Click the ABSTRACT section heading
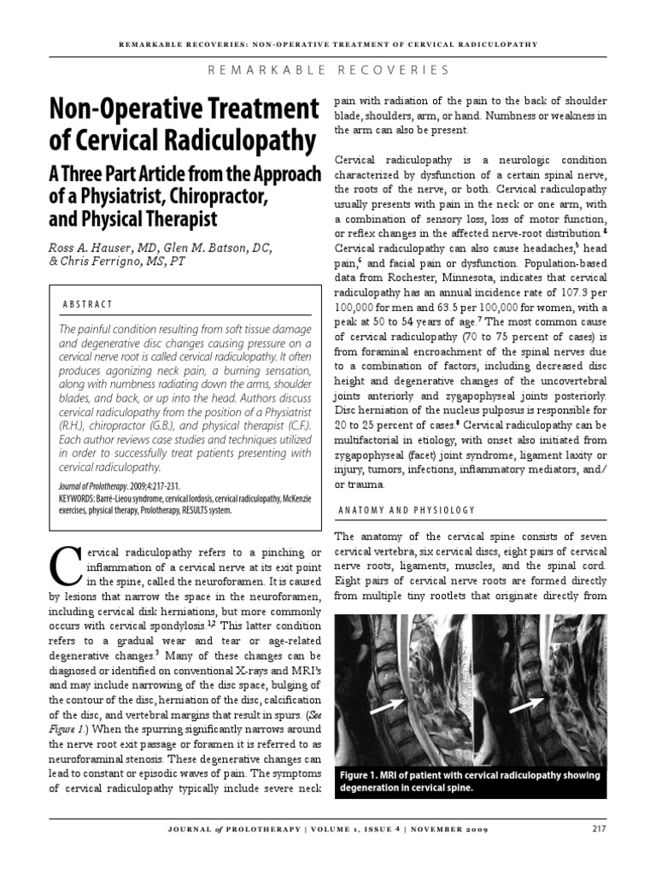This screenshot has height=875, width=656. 89,304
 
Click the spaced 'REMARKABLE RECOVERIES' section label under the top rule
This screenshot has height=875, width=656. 328,68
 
